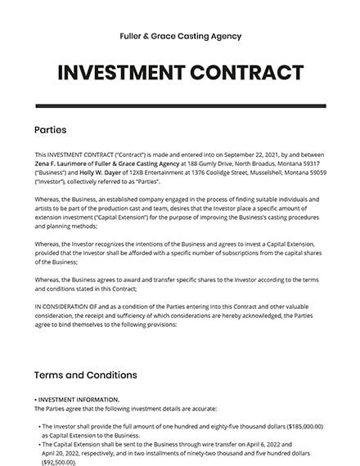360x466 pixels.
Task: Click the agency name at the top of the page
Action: pos(180,36)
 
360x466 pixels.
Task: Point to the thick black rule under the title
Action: pos(180,106)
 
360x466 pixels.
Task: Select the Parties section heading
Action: pos(50,129)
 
